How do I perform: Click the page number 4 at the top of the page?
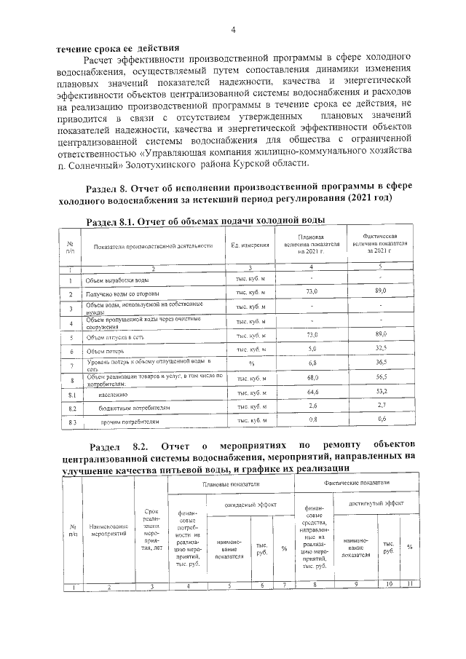click(x=233, y=30)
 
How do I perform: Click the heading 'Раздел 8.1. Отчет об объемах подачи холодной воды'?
click(x=205, y=221)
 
